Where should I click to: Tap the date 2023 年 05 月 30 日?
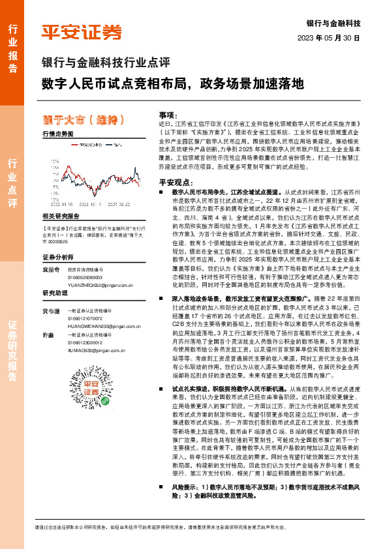click(x=334, y=38)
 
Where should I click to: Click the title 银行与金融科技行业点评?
click(x=106, y=64)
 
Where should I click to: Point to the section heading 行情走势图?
click(x=57, y=132)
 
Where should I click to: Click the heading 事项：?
click(x=168, y=114)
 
